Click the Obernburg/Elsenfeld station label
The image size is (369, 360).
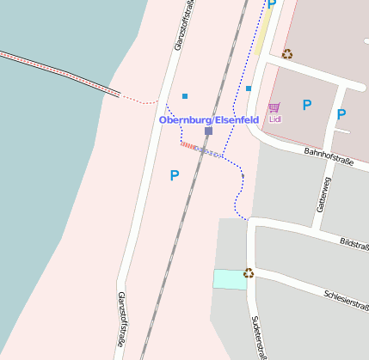209,119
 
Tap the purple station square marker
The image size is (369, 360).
208,131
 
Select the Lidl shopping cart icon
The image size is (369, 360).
274,107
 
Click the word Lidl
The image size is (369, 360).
275,119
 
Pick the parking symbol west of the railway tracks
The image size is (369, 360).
175,175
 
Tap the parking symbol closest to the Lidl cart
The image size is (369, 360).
306,105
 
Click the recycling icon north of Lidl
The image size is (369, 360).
286,53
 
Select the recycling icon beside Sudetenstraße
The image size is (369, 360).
249,273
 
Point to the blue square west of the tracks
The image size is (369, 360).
185,96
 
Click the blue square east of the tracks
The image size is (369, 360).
249,88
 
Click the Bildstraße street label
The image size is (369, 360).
354,244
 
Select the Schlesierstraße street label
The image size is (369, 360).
346,297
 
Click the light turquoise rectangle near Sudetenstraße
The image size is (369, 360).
229,278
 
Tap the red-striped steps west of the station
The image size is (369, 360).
188,145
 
